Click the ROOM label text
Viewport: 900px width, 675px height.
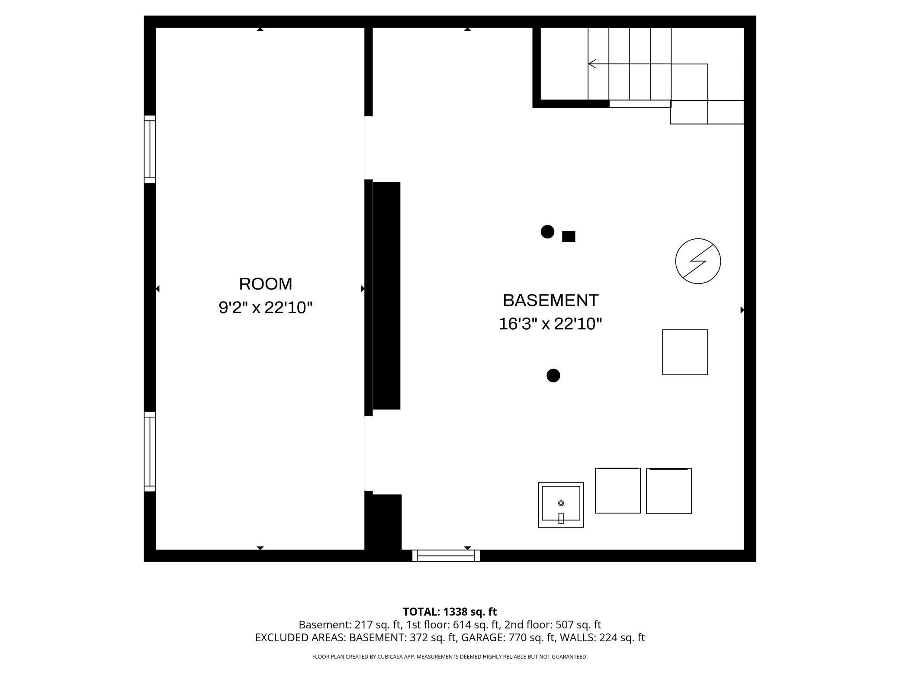pyautogui.click(x=265, y=284)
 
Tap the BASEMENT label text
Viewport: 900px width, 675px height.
pyautogui.click(x=550, y=300)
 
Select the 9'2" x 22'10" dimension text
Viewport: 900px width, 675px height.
pyautogui.click(x=265, y=308)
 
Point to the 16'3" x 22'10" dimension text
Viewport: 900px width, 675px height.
pyautogui.click(x=550, y=324)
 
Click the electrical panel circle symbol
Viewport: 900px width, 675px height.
pyautogui.click(x=697, y=261)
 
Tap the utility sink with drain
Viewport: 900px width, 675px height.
pyautogui.click(x=561, y=505)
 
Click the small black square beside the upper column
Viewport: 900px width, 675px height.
pyautogui.click(x=569, y=236)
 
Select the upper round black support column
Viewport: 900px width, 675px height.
pyautogui.click(x=547, y=232)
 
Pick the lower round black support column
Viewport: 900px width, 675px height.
pyautogui.click(x=553, y=376)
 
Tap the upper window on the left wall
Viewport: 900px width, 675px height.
pyautogui.click(x=150, y=149)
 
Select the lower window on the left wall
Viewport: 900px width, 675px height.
pyautogui.click(x=150, y=451)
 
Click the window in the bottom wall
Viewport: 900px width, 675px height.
pyautogui.click(x=446, y=556)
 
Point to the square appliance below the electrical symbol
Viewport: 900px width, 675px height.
pyautogui.click(x=685, y=352)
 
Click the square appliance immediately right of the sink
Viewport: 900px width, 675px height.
pyautogui.click(x=617, y=491)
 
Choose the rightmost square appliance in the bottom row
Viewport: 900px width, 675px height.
pyautogui.click(x=669, y=491)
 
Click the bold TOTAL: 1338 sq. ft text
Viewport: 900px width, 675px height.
pyautogui.click(x=450, y=612)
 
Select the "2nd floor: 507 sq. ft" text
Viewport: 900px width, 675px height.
pyautogui.click(x=553, y=625)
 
